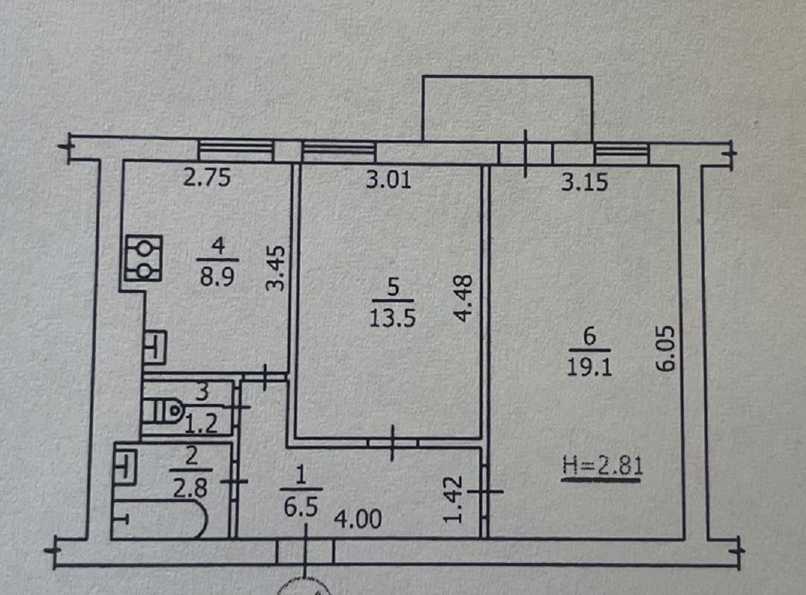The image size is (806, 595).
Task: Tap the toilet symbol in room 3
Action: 164,411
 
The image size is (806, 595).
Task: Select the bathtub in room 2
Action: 160,518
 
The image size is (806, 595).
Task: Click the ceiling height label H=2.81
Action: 602,466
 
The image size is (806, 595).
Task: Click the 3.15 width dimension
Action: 584,182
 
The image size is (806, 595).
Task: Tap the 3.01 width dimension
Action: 388,180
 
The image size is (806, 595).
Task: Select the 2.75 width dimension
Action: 207,178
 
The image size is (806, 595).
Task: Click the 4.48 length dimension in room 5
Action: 464,298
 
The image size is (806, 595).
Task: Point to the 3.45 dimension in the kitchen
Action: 277,268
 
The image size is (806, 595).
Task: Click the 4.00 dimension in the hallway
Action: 358,519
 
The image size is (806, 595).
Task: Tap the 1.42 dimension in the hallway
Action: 454,499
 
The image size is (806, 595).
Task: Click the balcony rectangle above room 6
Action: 507,109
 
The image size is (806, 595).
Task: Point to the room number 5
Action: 393,288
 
